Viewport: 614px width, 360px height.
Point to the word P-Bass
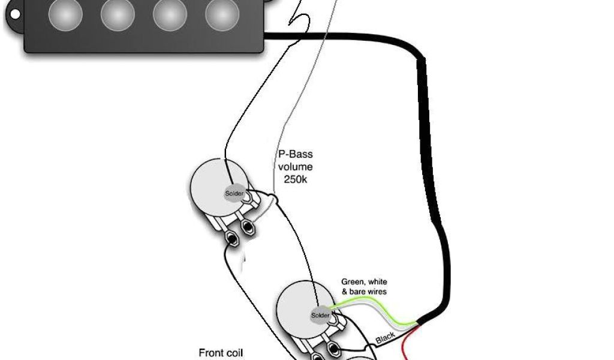(x=295, y=154)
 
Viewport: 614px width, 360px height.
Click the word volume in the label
(x=295, y=167)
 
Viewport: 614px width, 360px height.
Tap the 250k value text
(x=295, y=179)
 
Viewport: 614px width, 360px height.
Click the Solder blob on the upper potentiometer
(x=233, y=193)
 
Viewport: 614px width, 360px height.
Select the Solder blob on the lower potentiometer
(x=320, y=315)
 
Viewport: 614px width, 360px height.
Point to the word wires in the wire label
(x=376, y=292)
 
